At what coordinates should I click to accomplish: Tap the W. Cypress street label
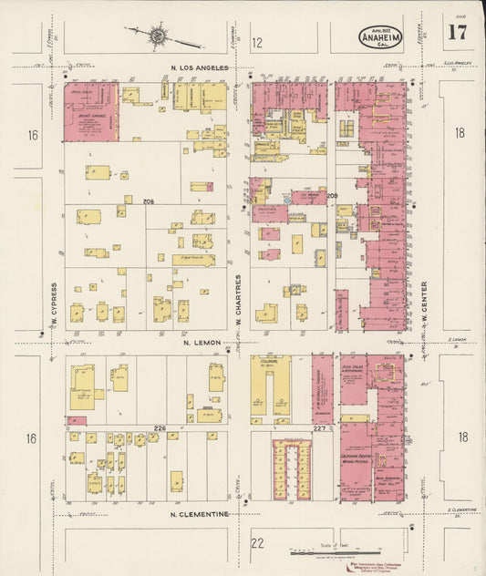56,303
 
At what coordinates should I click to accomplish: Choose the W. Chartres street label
239,300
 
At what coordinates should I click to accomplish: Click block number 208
150,201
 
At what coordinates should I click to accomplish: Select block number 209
332,196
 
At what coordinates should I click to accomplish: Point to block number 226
160,427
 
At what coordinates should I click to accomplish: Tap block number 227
319,428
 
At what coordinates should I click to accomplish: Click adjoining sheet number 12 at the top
257,42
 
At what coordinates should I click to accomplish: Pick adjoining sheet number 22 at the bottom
257,543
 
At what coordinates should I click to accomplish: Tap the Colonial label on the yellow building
268,362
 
